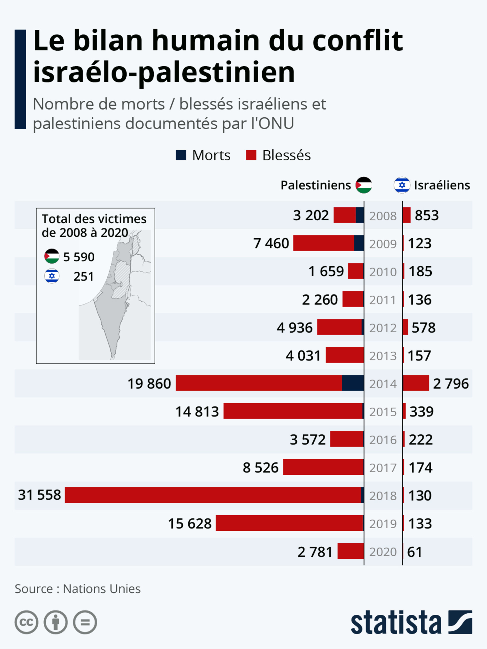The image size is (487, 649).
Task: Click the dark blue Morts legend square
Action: pos(181,155)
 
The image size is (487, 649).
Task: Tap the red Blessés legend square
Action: pos(251,155)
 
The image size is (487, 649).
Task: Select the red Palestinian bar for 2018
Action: pos(213,495)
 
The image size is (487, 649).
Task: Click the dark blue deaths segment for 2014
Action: pos(353,383)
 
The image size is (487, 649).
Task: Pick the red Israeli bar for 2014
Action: pos(416,383)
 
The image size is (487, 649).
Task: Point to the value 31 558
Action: pos(39,495)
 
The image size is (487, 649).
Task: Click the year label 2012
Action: pos(383,328)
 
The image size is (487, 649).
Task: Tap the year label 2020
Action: pos(383,552)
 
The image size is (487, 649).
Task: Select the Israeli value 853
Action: pos(427,215)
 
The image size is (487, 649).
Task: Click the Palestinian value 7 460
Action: pos(271,243)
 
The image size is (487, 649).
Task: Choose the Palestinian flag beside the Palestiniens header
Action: pos(364,185)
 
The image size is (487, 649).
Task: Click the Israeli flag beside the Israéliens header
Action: pos(402,185)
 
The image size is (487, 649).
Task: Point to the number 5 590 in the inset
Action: pos(79,257)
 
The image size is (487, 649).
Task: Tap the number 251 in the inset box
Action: pos(83,276)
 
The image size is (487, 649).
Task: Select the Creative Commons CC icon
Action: pos(26,622)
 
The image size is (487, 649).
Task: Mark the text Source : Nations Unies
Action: pos(78,589)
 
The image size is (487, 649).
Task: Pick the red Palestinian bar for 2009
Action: pos(323,243)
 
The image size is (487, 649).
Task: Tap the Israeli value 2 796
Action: pos(451,383)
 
